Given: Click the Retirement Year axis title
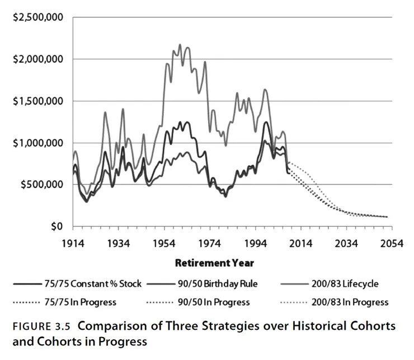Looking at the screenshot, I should pyautogui.click(x=214, y=263).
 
